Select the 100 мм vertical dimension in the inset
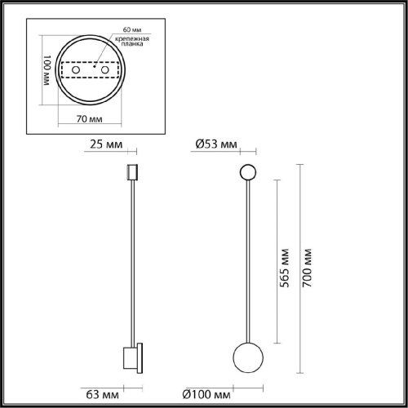[x=47, y=72]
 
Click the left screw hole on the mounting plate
[x=76, y=72]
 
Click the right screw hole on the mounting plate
[x=104, y=72]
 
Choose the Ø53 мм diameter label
[x=216, y=145]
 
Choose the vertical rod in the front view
[x=247, y=261]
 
